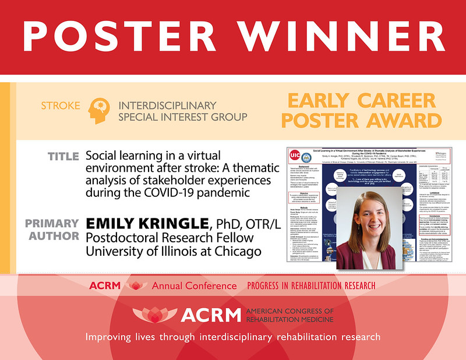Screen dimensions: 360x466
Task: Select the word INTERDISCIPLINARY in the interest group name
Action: [167, 105]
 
